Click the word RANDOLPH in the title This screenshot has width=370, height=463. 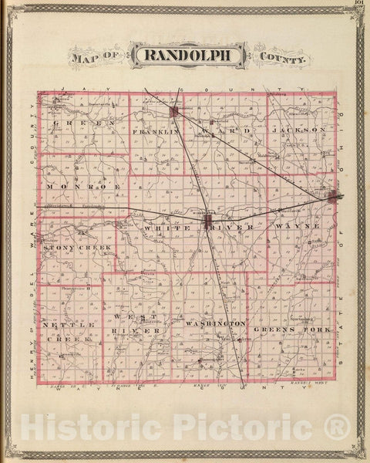click(x=187, y=55)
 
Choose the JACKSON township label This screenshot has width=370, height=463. click(x=299, y=130)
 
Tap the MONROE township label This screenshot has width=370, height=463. click(x=72, y=188)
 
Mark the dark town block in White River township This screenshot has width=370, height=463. click(x=207, y=222)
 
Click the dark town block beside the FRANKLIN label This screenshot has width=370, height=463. click(x=175, y=113)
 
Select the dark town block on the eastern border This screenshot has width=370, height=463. click(x=332, y=197)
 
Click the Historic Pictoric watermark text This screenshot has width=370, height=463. click(x=186, y=427)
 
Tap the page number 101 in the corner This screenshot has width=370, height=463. click(x=359, y=3)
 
